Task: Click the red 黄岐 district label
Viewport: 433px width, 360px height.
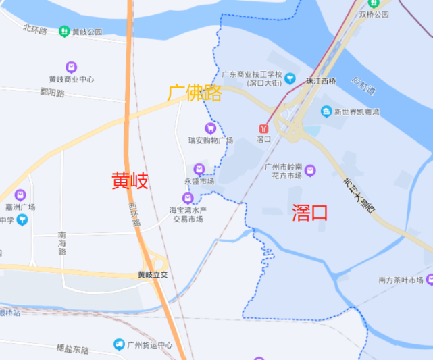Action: [x=130, y=180]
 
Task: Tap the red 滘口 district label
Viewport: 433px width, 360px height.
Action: [x=310, y=213]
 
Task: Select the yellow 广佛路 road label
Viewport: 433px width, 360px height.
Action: [x=195, y=93]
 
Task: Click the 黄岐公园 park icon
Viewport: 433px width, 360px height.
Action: [x=63, y=31]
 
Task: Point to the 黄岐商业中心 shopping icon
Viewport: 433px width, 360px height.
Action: [x=71, y=67]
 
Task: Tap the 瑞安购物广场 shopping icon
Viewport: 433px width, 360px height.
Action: [x=210, y=128]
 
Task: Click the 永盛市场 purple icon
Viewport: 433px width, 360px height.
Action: [x=199, y=169]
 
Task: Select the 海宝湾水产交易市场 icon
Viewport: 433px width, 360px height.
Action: [x=188, y=197]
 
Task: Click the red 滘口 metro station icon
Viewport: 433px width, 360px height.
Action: [x=263, y=126]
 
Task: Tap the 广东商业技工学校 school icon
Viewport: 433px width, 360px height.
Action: [x=290, y=78]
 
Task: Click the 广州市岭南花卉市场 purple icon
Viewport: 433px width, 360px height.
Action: [x=310, y=170]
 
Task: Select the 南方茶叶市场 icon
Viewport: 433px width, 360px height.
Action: [x=430, y=280]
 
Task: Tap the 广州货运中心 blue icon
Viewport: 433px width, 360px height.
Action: [x=119, y=344]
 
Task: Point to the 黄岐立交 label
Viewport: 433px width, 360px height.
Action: [x=152, y=275]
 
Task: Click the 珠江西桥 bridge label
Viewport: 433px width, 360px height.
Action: [x=320, y=81]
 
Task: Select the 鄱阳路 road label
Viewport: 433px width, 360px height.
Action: [x=52, y=93]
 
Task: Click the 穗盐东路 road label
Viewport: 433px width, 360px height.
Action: [x=73, y=349]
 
